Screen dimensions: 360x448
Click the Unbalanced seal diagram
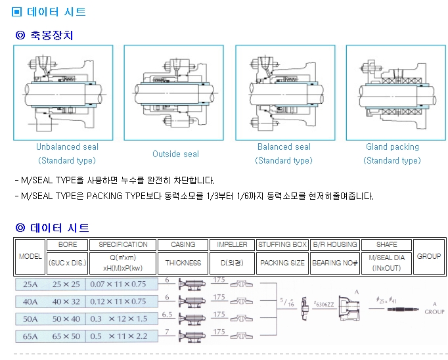pyautogui.click(x=62, y=93)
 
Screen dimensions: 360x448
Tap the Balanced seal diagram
pyautogui.click(x=284, y=93)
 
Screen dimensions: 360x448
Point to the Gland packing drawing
pyautogui.click(x=392, y=93)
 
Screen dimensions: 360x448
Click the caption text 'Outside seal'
pyautogui.click(x=175, y=154)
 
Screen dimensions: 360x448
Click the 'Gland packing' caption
pyautogui.click(x=392, y=147)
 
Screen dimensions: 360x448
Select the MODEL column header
pyautogui.click(x=30, y=256)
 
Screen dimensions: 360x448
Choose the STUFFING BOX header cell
pyautogui.click(x=282, y=244)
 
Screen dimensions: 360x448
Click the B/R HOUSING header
pyautogui.click(x=335, y=244)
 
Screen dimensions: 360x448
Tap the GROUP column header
pyautogui.click(x=429, y=256)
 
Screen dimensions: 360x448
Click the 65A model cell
pyautogui.click(x=30, y=336)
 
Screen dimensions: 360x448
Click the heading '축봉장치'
pyautogui.click(x=52, y=35)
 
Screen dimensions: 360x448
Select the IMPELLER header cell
pyautogui.click(x=233, y=244)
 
